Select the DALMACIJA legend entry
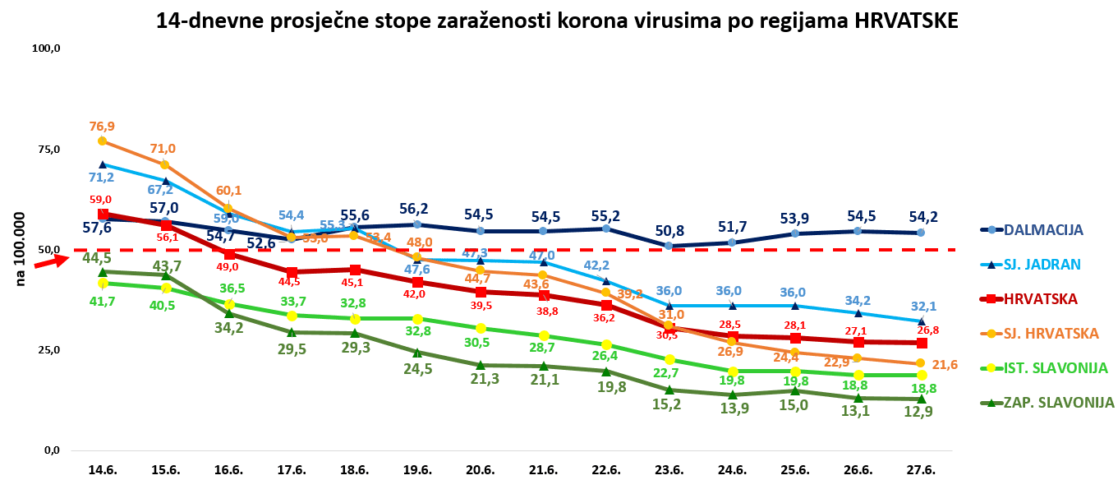pyautogui.click(x=1043, y=230)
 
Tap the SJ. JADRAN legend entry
pyautogui.click(x=1042, y=264)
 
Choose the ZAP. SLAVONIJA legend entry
pyautogui.click(x=1059, y=403)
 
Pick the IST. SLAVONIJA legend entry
pyautogui.click(x=1056, y=368)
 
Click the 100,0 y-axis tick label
pyautogui.click(x=47, y=48)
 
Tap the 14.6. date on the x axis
pyautogui.click(x=103, y=469)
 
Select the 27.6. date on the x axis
pyautogui.click(x=921, y=469)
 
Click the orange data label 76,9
pyautogui.click(x=103, y=126)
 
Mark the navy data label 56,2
pyautogui.click(x=417, y=209)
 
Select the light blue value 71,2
pyautogui.click(x=103, y=177)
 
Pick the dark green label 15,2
pyautogui.click(x=669, y=404)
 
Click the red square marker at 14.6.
pyautogui.click(x=103, y=215)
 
